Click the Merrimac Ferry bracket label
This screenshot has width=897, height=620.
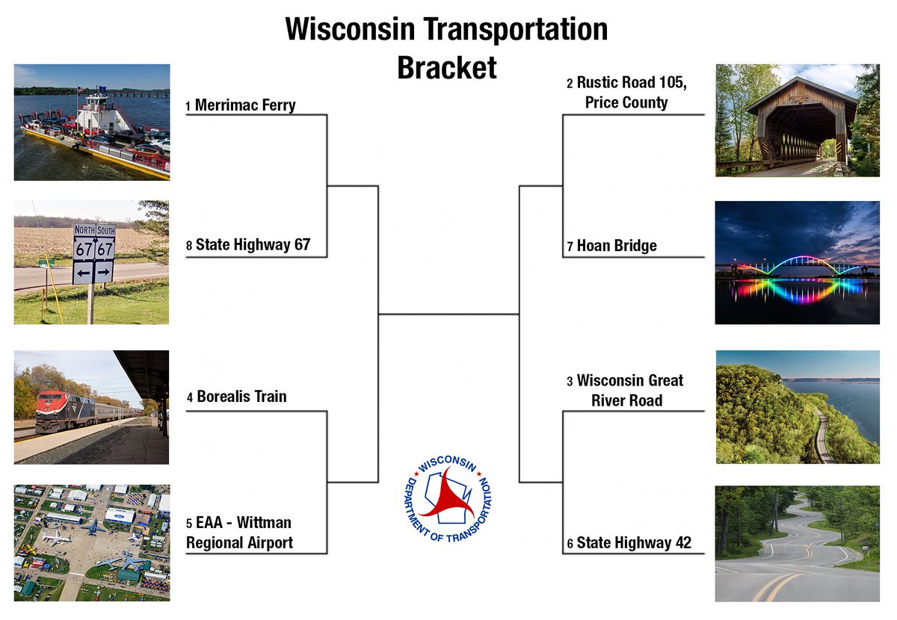point(245,105)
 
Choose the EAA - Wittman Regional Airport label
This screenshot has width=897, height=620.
point(239,533)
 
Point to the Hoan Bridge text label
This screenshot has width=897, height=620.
point(617,246)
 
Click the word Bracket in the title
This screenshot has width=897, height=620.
point(446,67)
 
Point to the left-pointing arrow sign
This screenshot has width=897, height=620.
point(83,271)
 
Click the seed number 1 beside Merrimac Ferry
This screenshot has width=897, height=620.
point(188,107)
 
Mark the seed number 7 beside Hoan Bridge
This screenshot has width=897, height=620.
point(570,247)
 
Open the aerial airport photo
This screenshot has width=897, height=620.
point(91,543)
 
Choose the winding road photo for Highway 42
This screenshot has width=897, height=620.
point(797,544)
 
